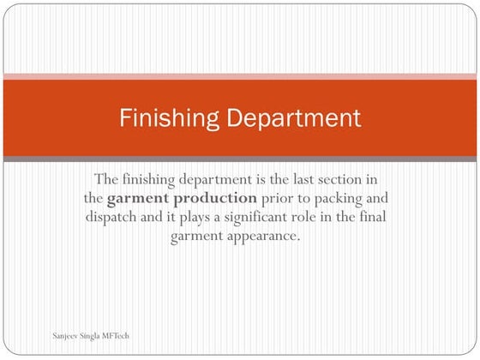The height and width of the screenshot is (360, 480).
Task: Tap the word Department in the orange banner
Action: pos(290,117)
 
